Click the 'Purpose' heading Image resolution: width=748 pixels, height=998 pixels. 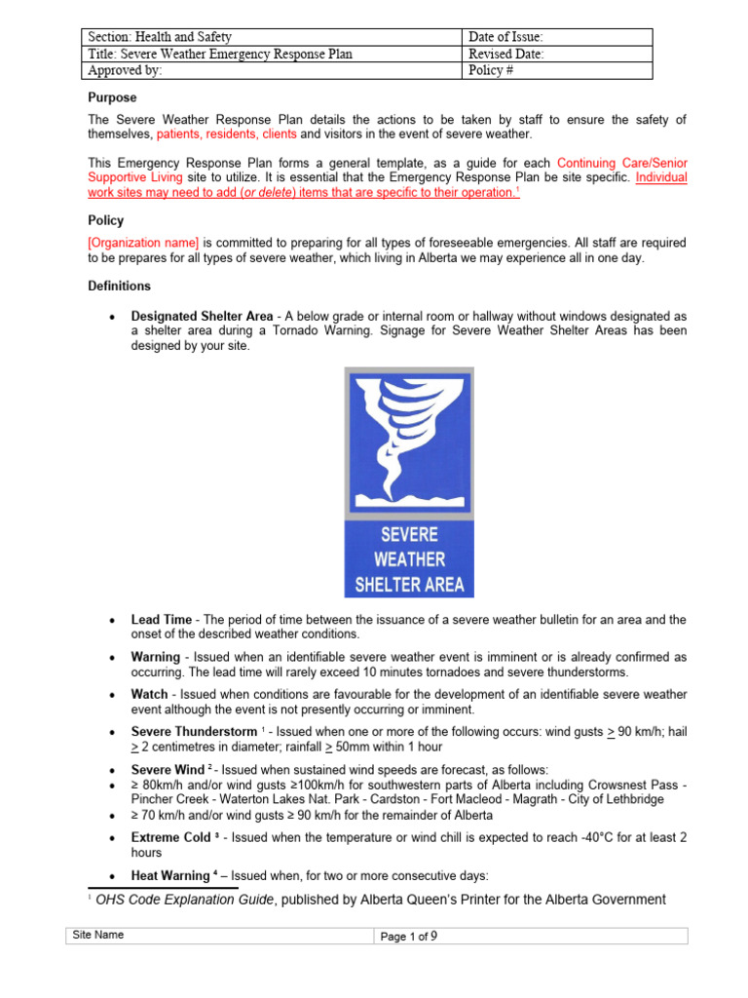point(113,97)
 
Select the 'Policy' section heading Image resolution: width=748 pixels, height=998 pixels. point(107,221)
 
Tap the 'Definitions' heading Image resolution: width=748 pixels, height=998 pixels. point(119,286)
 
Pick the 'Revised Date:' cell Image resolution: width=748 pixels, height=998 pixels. point(505,55)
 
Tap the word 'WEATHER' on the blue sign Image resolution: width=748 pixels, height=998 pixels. point(409,559)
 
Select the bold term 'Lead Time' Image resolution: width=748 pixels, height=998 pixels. point(162,620)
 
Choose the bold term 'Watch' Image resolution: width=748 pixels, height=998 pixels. point(150,694)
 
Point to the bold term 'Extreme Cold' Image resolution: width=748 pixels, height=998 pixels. point(170,837)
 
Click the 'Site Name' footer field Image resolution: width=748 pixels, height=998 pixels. point(98,936)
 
